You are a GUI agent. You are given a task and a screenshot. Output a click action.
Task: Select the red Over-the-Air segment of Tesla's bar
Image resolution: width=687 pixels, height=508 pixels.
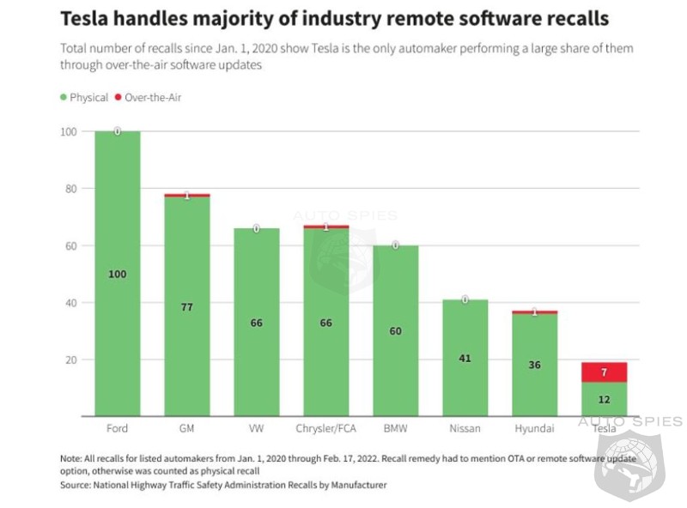(x=605, y=372)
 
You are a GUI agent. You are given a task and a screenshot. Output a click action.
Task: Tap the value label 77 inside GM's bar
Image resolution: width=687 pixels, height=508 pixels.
(x=186, y=306)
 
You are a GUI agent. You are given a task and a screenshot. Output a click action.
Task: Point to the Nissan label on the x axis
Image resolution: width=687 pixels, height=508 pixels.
(x=465, y=428)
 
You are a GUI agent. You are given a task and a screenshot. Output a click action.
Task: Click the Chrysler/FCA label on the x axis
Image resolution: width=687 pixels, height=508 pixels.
(x=326, y=428)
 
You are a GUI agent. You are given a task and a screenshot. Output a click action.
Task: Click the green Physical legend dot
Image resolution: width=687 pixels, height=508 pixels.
(x=64, y=98)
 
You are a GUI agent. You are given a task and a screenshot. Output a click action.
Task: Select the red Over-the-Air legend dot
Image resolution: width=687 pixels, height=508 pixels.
(x=119, y=98)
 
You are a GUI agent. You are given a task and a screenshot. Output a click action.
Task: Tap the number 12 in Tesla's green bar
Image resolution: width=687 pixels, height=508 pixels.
(x=605, y=400)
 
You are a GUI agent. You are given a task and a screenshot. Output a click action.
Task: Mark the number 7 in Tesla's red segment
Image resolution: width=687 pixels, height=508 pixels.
(x=605, y=372)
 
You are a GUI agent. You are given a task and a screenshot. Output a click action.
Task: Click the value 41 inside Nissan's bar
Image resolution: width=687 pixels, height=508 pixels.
(x=465, y=358)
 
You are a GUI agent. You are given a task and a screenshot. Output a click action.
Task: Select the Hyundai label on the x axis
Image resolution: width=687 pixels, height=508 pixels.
(x=535, y=428)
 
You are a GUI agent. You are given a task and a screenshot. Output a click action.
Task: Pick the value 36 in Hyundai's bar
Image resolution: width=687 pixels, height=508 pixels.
(x=535, y=365)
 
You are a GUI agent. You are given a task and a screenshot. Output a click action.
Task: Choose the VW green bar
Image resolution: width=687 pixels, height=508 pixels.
(x=256, y=360)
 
